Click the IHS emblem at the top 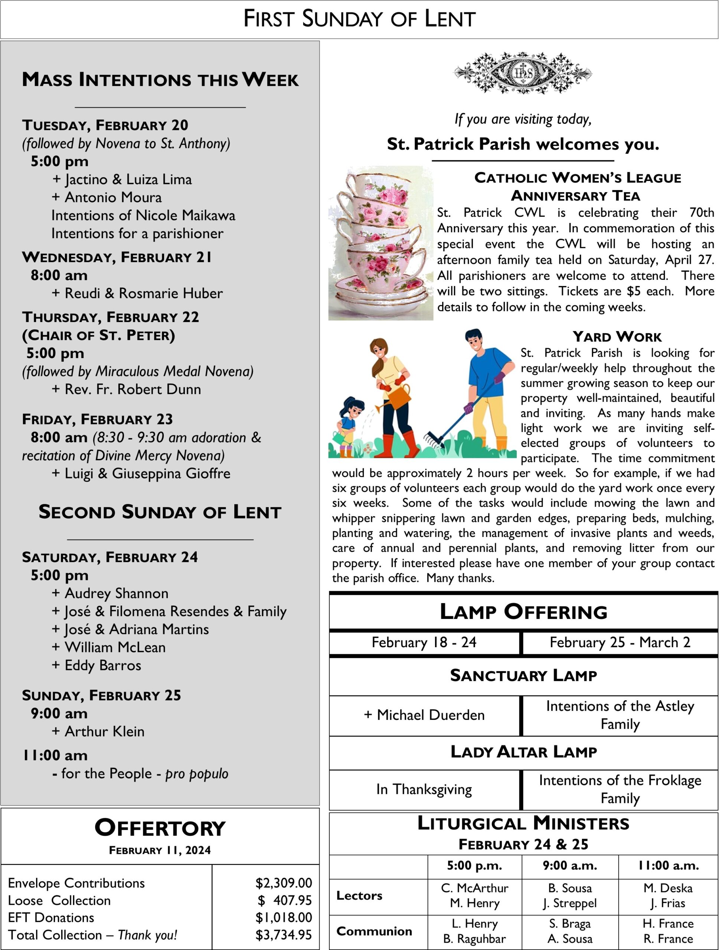(523, 73)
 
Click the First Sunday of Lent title (359, 19)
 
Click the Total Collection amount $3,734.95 (284, 935)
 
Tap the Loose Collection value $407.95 (284, 900)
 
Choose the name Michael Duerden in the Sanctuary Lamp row (430, 715)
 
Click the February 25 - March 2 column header (620, 642)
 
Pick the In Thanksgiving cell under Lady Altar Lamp (424, 789)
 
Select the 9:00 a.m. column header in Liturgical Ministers (569, 865)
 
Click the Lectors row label (359, 895)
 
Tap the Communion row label (374, 931)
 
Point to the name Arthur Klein (104, 731)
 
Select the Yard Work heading (617, 337)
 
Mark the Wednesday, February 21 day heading (117, 257)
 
